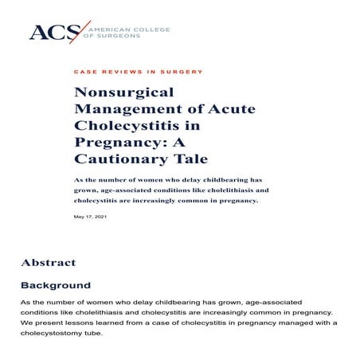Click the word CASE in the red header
(x=83, y=72)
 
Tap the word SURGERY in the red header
(x=185, y=72)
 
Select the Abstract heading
(x=49, y=263)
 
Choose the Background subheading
(x=56, y=285)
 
